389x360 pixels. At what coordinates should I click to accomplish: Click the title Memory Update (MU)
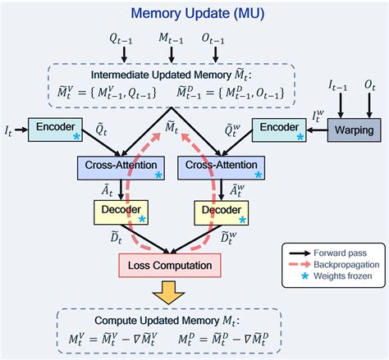[x=194, y=13]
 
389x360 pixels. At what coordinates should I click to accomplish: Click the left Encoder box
[x=55, y=129]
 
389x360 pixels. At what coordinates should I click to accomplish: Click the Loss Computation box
[x=170, y=265]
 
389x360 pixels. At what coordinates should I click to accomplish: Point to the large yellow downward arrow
[x=170, y=292]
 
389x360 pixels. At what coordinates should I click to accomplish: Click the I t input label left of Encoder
[x=9, y=129]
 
